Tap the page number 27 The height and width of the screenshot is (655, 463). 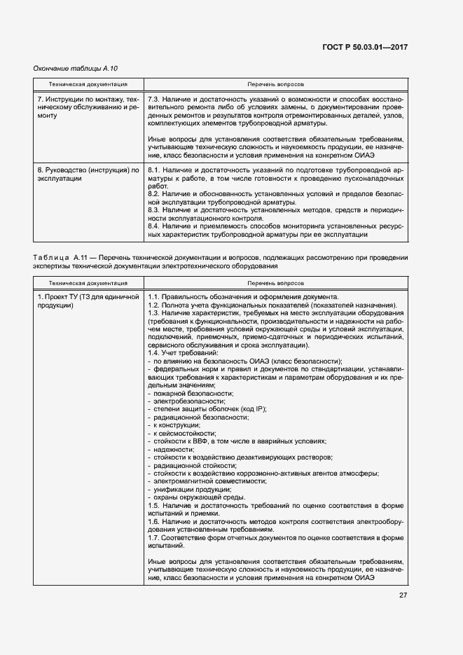(403, 595)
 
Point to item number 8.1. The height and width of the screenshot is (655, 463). (155, 170)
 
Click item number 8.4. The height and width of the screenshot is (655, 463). (155, 226)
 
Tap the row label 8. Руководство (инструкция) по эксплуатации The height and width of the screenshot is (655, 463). (88, 174)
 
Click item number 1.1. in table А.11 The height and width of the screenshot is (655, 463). (155, 296)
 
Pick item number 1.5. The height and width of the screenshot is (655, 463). (155, 504)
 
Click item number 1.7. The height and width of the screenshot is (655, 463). (155, 537)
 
